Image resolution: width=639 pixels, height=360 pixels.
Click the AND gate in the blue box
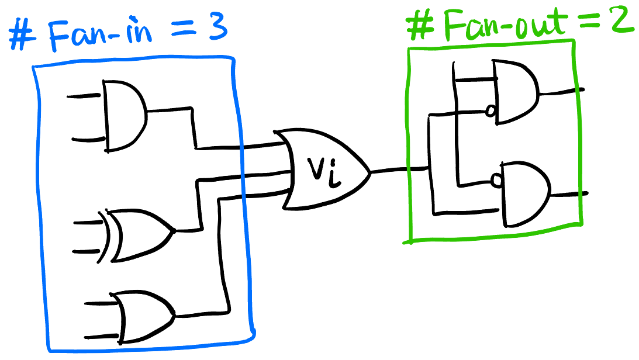click(x=125, y=116)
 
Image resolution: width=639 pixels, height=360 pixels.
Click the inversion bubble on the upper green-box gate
click(x=491, y=110)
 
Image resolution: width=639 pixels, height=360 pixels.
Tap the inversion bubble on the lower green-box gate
click(x=496, y=180)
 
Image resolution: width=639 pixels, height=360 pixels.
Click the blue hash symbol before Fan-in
click(x=22, y=34)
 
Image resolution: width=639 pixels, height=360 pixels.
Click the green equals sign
click(x=592, y=23)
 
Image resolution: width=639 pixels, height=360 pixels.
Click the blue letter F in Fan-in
click(x=60, y=36)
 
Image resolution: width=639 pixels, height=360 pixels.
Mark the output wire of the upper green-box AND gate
click(x=562, y=92)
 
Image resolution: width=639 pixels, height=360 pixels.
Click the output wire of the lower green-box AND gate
click(x=569, y=195)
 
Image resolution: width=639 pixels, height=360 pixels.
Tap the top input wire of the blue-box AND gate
click(x=84, y=96)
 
